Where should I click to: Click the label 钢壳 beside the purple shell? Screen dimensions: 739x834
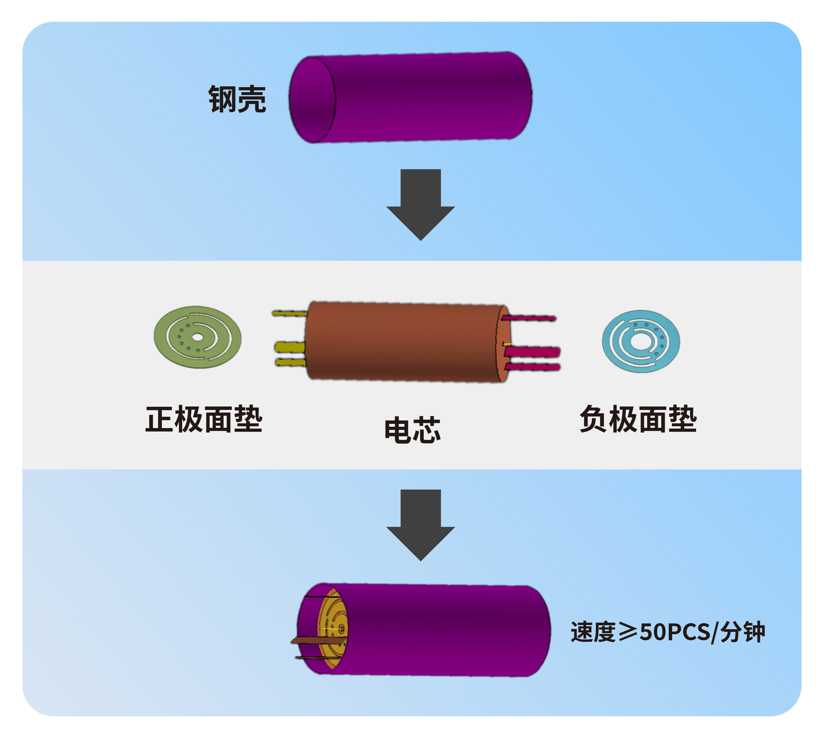(237, 99)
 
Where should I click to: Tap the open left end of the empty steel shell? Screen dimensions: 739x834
(312, 99)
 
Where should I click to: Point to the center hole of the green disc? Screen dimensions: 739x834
(197, 337)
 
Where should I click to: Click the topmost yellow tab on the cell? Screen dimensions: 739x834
(290, 313)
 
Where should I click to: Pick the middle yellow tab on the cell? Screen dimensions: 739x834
(290, 347)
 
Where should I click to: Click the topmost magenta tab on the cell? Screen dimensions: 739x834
(531, 318)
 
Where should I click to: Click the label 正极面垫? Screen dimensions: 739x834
(204, 419)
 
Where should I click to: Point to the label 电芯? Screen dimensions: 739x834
(412, 430)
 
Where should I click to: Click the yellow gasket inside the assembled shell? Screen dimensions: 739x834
(333, 628)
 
